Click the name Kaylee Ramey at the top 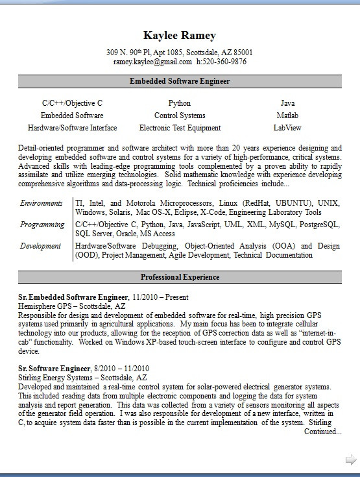[180, 36]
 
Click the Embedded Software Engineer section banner [180, 82]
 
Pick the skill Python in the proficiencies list [180, 103]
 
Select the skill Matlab [287, 116]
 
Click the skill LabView [287, 128]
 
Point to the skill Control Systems [180, 116]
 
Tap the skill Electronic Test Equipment [180, 128]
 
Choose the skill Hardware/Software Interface [72, 128]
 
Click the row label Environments [42, 203]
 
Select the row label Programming [42, 225]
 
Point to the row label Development [40, 246]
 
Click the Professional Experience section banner [180, 277]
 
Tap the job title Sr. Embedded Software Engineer [73, 297]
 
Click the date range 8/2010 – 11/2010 [121, 368]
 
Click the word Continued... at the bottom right [322, 432]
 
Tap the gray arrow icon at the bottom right [351, 460]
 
